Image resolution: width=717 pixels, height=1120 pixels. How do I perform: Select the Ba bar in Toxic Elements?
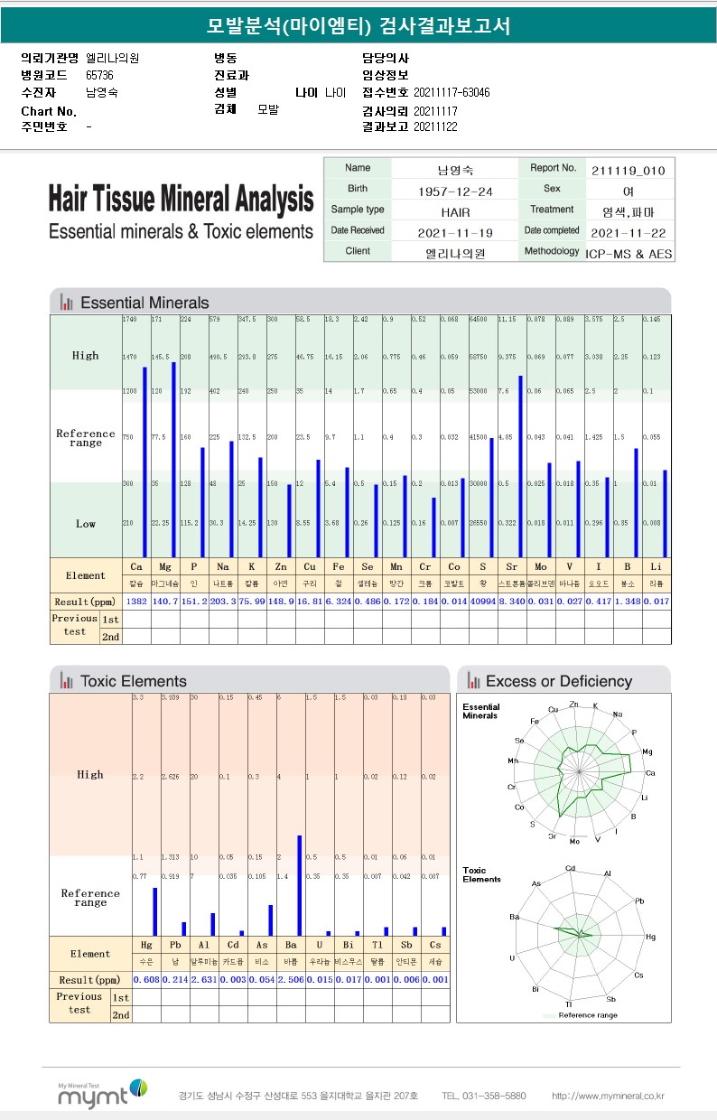point(299,885)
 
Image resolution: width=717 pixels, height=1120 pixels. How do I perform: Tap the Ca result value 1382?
point(135,601)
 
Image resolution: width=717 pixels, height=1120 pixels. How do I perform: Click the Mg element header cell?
point(164,566)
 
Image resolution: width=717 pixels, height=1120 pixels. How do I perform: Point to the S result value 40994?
point(483,601)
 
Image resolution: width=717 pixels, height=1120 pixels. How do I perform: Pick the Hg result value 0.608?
point(146,980)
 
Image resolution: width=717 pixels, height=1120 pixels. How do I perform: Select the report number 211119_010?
point(629,170)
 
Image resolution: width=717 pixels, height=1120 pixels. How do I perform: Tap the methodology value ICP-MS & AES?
point(629,254)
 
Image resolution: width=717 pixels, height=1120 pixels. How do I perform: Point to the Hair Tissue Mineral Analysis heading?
point(181,199)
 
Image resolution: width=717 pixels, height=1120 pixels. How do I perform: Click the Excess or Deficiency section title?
point(558,681)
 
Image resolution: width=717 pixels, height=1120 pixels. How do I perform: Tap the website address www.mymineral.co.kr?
point(609,1096)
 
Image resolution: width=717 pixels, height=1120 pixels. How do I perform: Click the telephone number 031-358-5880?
point(484,1096)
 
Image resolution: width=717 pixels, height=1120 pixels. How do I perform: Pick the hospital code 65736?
point(99,75)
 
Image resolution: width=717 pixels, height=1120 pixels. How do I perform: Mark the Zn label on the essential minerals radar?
point(574,704)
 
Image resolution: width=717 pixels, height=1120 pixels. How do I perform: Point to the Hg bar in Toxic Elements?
point(154,911)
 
